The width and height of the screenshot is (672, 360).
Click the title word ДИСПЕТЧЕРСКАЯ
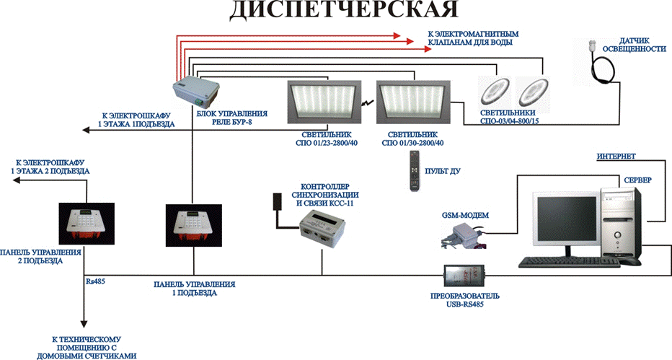pyautogui.click(x=344, y=9)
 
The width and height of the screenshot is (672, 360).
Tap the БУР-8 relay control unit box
pyautogui.click(x=196, y=92)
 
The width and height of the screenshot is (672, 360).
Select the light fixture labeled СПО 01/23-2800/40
pyautogui.click(x=324, y=102)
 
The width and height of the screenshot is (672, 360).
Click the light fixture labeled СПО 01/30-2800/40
pyautogui.click(x=414, y=102)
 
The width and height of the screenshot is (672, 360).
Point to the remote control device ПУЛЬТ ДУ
pyautogui.click(x=414, y=170)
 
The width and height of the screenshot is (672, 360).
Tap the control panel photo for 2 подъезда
pyautogui.click(x=87, y=224)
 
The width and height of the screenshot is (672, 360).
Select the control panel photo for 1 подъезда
pyautogui.click(x=194, y=225)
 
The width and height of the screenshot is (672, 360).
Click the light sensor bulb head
pyautogui.click(x=593, y=45)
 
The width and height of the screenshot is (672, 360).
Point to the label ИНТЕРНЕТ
pyautogui.click(x=616, y=157)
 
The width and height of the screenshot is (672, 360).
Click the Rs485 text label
pyautogui.click(x=96, y=281)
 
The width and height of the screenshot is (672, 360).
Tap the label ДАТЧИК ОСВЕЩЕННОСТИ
pyautogui.click(x=635, y=45)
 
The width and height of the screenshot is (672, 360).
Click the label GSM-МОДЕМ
pyautogui.click(x=466, y=215)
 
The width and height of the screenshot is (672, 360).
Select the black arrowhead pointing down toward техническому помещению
pyautogui.click(x=84, y=324)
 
